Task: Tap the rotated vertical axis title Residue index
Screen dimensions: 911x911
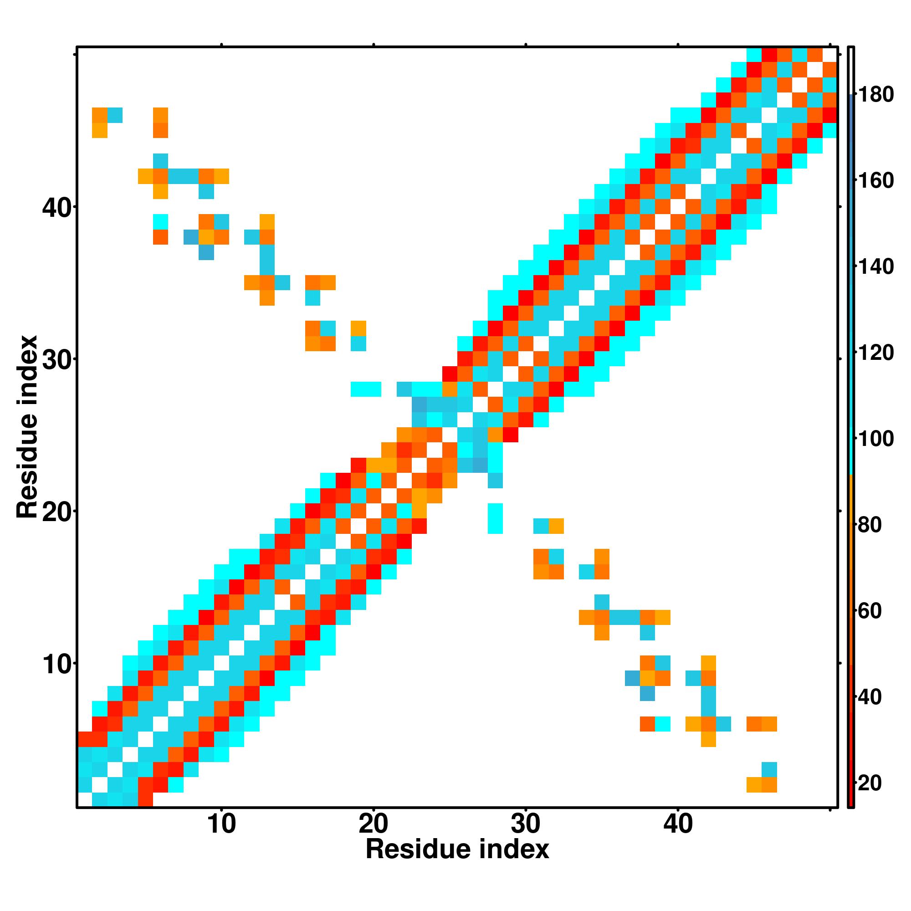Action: coord(27,427)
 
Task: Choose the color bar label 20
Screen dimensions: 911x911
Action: coord(875,783)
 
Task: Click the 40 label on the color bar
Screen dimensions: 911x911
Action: coord(875,697)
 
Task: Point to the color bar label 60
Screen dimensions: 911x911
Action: coord(875,611)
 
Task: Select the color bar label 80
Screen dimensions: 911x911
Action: coord(875,525)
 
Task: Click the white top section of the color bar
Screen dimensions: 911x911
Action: coord(851,71)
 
